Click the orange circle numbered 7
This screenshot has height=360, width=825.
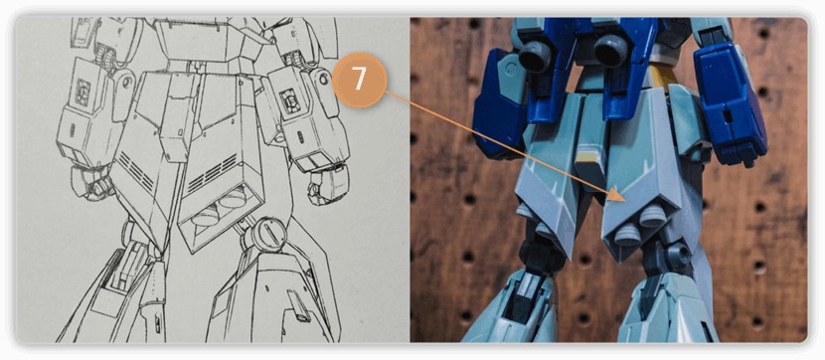[360, 80]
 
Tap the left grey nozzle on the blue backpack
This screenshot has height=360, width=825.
[536, 57]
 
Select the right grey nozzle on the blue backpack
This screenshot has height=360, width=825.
[612, 51]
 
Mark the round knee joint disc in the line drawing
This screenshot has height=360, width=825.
[263, 234]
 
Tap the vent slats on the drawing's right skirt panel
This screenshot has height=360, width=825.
[212, 173]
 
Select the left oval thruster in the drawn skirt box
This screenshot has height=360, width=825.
[206, 215]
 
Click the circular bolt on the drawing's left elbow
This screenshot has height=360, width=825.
[126, 82]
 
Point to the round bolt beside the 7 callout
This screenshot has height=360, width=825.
[322, 79]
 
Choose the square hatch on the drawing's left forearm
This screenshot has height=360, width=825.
[82, 92]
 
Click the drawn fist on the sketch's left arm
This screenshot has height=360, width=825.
[91, 183]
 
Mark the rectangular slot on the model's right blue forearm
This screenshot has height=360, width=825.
[728, 115]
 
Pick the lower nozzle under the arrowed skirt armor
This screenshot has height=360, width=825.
[626, 236]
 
